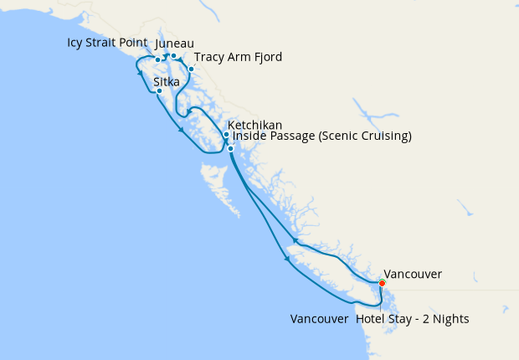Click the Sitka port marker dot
159,91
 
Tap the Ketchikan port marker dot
226,135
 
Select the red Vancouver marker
382,284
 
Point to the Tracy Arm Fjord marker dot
191,69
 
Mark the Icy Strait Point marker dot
158,59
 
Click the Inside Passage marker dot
230,149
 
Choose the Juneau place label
175,43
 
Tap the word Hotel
371,319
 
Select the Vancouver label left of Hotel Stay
318,319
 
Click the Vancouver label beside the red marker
414,274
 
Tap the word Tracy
209,57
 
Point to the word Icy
77,42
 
